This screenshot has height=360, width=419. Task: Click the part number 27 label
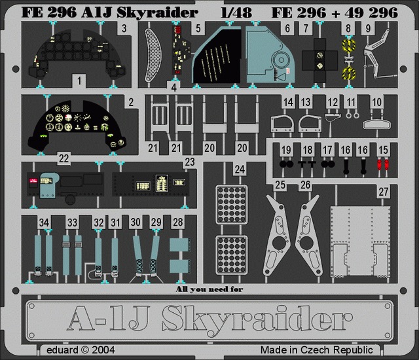click(x=384, y=192)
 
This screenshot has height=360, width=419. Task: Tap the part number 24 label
click(x=240, y=170)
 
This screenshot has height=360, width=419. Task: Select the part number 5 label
click(x=198, y=28)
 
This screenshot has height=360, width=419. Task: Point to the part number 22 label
click(x=64, y=158)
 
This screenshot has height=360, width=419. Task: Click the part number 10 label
click(x=377, y=102)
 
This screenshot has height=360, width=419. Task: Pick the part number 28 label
click(x=178, y=222)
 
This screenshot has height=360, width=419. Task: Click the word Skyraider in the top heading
click(x=157, y=12)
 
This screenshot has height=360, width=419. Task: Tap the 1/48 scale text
click(x=236, y=12)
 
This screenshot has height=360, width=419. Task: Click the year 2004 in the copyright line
click(x=103, y=350)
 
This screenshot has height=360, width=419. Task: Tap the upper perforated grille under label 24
click(x=231, y=205)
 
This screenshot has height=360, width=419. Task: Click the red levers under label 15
click(x=383, y=164)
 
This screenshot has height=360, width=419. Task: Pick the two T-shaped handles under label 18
click(x=307, y=164)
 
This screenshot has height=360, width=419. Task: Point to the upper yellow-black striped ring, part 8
click(x=349, y=46)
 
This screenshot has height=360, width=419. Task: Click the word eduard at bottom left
click(x=62, y=350)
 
